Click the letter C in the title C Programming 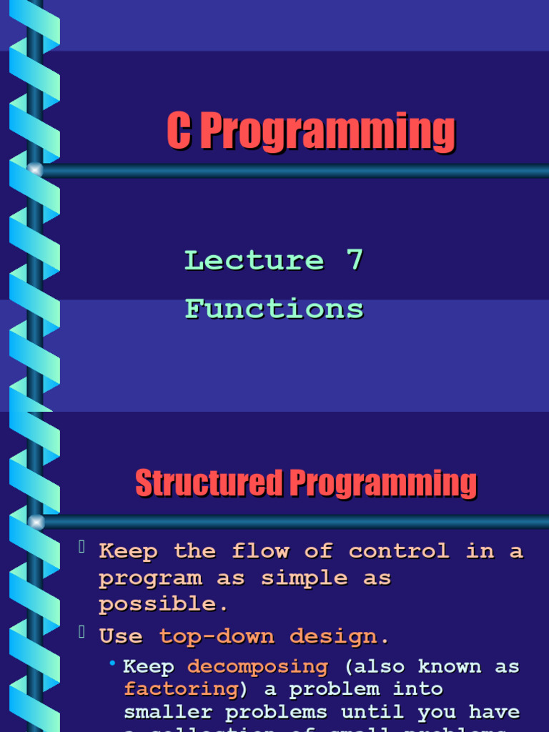(x=179, y=132)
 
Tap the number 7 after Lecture (x=355, y=260)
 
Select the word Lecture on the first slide (x=254, y=260)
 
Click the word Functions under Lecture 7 (x=274, y=309)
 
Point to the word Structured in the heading (x=209, y=483)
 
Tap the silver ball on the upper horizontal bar (x=35, y=170)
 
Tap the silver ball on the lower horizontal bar (x=35, y=523)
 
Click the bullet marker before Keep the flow (x=82, y=548)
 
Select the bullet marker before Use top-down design (x=82, y=633)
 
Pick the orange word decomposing (x=257, y=666)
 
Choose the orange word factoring (x=181, y=689)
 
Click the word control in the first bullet (x=399, y=551)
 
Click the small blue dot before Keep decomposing (x=112, y=665)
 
